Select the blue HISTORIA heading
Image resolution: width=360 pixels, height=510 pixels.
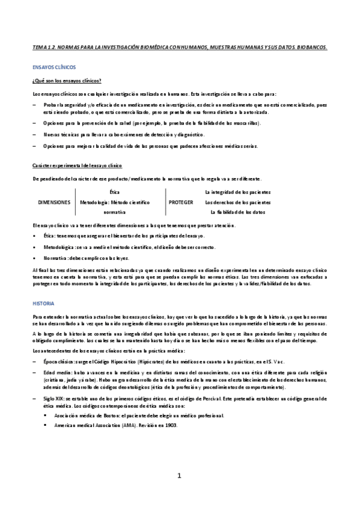[43, 303]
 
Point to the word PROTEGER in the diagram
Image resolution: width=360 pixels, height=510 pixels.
[181, 202]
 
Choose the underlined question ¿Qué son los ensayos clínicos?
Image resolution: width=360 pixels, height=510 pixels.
[66, 81]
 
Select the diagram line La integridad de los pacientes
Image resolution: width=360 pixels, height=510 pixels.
[237, 192]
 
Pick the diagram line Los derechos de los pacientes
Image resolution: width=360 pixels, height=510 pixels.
[237, 202]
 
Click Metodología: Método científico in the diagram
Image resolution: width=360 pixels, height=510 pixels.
[114, 202]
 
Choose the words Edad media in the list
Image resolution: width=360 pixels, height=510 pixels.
[55, 372]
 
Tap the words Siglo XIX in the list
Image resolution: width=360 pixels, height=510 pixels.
[54, 398]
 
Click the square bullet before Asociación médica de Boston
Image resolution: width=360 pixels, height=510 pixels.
[45, 416]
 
